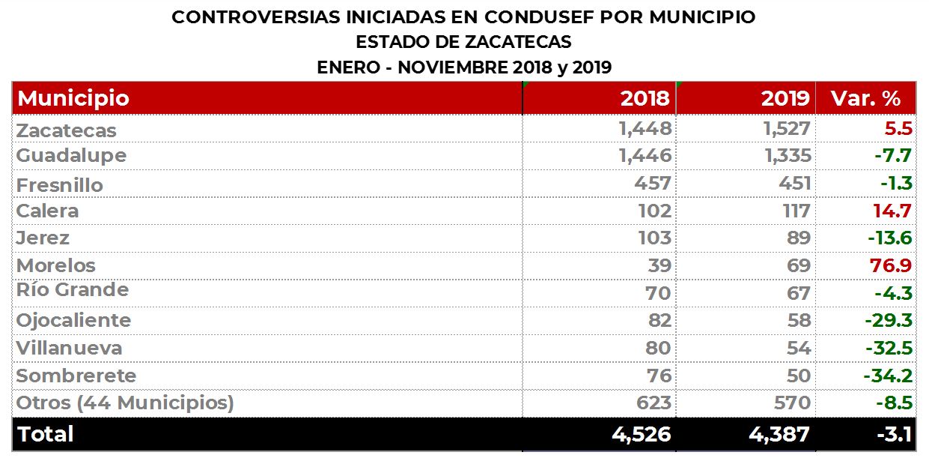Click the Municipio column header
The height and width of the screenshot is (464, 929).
coord(73,98)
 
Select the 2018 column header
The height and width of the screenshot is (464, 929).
coord(645,98)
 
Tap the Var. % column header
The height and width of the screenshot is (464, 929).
coord(865,98)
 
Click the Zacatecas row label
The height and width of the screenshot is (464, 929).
coord(67,130)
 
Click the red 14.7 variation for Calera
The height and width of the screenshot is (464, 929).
coord(892,211)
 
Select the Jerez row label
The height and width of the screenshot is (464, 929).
coord(43,238)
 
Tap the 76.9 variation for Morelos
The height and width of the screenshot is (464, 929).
coord(892,265)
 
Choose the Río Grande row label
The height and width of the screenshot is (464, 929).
coord(73,290)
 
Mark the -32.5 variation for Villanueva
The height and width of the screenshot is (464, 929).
coord(889,348)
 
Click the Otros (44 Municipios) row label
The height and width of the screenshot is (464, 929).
coord(125,403)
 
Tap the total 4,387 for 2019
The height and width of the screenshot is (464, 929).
coord(779,435)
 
